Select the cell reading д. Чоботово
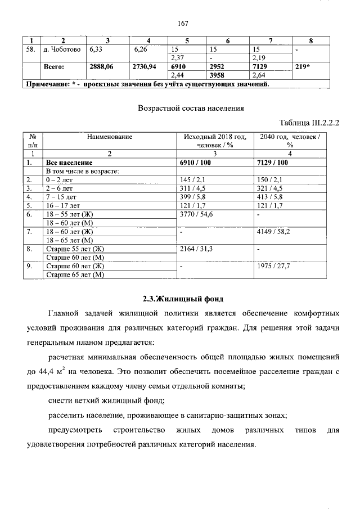pos(63,49)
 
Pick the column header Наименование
pos(110,137)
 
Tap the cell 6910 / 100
pos(194,163)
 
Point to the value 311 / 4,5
pos(191,188)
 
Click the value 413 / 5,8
pos(270,197)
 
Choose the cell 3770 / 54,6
pos(195,214)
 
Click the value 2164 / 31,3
pos(195,249)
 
